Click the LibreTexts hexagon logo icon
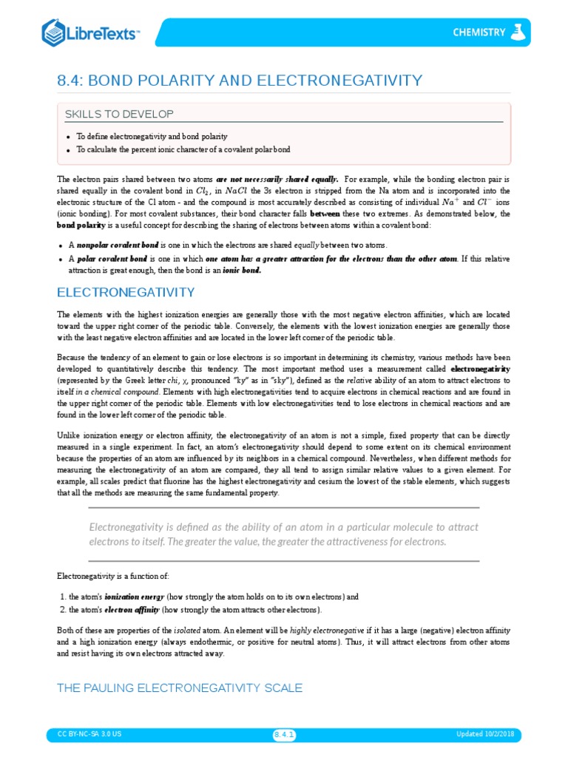click(x=54, y=33)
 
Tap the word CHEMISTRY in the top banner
click(x=479, y=33)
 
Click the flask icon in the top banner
click(x=520, y=32)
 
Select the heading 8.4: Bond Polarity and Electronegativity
click(x=240, y=80)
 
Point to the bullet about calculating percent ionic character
click(x=183, y=149)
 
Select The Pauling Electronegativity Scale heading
click(x=180, y=688)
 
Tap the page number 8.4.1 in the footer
click(x=285, y=734)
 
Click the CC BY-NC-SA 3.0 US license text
click(x=89, y=734)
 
